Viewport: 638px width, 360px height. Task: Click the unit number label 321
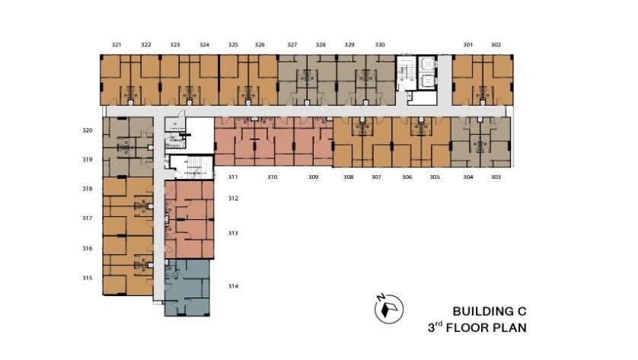coord(116,45)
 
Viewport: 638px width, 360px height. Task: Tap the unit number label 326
coord(260,45)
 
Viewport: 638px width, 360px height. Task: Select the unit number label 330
coord(380,45)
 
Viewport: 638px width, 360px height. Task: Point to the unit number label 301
coord(467,45)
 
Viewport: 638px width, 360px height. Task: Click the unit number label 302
coord(496,45)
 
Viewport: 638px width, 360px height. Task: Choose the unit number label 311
coord(233,177)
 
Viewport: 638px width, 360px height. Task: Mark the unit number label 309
coord(313,177)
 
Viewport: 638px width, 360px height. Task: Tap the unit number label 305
coord(435,177)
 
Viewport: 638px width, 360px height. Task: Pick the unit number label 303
coord(496,177)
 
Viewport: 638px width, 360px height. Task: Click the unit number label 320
coord(88,131)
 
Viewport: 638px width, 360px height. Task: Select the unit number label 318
coord(88,189)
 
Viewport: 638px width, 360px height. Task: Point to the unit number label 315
coord(88,278)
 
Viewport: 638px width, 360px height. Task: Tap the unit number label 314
coord(233,286)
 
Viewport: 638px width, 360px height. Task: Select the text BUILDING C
coord(490,311)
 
